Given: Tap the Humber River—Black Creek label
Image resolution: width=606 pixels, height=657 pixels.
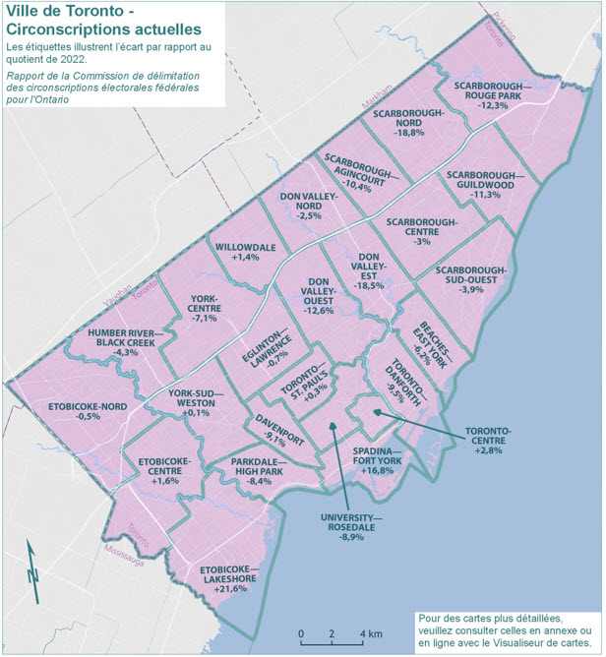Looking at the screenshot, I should point(126,338).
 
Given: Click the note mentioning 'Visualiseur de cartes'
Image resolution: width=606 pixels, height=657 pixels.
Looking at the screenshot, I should point(505,627).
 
